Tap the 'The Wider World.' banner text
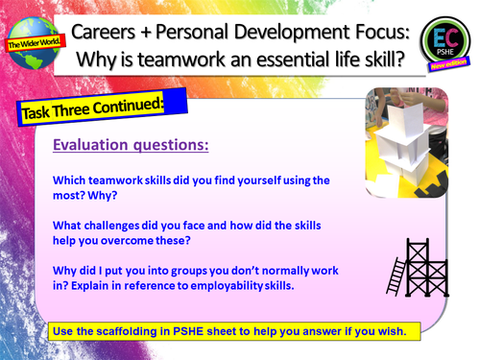click(x=31, y=43)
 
